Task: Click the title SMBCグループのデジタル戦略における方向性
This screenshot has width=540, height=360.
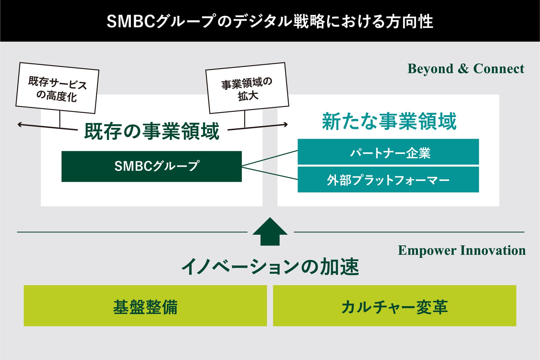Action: click(270, 21)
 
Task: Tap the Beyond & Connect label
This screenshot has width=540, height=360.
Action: click(466, 69)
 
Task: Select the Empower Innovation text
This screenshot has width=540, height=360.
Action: click(462, 250)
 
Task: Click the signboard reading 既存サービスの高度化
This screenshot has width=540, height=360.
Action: click(57, 88)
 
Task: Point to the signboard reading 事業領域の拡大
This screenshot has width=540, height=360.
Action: click(247, 88)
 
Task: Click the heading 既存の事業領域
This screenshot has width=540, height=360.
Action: click(152, 131)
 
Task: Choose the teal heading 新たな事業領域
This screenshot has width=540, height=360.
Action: click(389, 121)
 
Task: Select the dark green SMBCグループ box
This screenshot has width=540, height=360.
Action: click(152, 166)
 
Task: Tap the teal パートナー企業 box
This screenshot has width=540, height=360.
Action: click(388, 152)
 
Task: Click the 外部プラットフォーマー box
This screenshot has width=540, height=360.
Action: click(388, 180)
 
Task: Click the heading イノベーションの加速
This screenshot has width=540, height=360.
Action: click(270, 267)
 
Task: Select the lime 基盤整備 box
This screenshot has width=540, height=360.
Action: click(145, 306)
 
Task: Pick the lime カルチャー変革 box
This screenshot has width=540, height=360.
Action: click(395, 306)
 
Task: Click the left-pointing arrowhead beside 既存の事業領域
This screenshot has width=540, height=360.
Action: click(19, 124)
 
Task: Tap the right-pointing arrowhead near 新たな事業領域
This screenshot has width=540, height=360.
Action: click(286, 124)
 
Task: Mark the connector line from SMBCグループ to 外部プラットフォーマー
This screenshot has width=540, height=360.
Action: click(270, 173)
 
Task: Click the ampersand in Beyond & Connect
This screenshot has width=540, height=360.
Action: click(463, 69)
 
